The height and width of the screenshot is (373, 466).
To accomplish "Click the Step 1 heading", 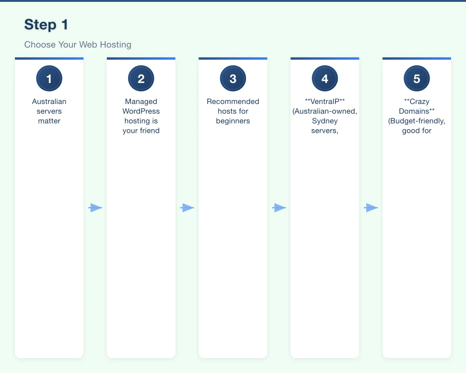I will point(46,25).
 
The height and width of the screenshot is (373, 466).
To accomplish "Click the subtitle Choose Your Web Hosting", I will point(78,45).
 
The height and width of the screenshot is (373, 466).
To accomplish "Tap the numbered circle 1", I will point(49,79).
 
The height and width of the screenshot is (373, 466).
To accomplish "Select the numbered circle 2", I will point(141,79).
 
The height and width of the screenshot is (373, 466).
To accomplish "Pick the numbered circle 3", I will point(233,79).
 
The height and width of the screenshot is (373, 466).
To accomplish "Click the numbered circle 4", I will point(325,79).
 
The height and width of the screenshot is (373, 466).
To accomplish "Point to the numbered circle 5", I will point(417,79).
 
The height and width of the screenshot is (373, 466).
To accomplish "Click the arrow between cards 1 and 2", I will point(95,208).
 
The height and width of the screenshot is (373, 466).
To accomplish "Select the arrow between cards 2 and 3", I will point(187,208).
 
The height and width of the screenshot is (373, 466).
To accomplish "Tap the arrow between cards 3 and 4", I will point(279,208).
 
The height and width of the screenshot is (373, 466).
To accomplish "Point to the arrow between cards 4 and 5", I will point(370,208).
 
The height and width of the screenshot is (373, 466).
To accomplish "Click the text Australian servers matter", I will point(49,111).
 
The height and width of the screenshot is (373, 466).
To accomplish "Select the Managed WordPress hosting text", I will point(141,116).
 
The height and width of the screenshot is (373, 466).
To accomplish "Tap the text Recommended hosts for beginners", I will point(233,111).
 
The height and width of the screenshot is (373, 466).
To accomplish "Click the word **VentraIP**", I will point(325,102).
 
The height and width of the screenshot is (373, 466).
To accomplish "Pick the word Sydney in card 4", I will point(325,121).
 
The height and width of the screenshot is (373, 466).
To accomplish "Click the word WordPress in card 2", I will point(141,111).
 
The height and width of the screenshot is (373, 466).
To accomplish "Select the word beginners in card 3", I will point(233,121).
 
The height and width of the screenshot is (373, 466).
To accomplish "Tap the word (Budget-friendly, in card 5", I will point(417,121).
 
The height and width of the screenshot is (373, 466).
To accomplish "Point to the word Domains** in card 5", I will point(417,111).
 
